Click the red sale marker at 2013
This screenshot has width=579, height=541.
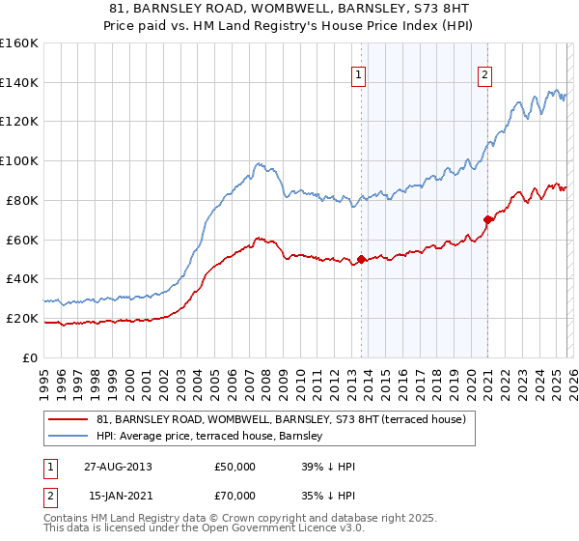tap(361, 259)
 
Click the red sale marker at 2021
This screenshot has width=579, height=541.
tap(487, 219)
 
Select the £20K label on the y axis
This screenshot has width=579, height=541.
tap(21, 318)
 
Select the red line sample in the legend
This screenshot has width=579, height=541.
tap(69, 419)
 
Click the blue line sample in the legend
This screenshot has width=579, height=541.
tap(69, 436)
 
